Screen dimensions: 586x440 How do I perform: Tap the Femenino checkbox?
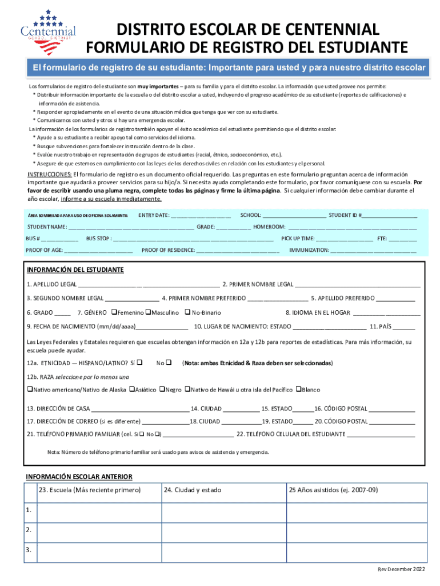(x=114, y=312)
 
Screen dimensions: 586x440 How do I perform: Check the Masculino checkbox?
(x=148, y=312)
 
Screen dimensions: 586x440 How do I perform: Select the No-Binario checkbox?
(x=186, y=312)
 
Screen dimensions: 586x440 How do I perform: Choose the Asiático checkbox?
(x=132, y=390)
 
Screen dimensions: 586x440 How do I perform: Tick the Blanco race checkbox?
(x=298, y=390)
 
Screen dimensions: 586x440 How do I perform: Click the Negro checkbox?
(x=162, y=390)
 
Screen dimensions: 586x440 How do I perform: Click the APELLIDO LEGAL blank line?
(x=149, y=284)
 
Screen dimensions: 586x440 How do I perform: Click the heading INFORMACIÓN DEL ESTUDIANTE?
(x=75, y=270)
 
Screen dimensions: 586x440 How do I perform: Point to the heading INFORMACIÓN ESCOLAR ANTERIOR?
(x=79, y=477)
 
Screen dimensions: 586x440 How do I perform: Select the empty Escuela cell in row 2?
(x=98, y=530)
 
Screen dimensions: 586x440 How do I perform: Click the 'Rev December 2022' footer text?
(x=401, y=569)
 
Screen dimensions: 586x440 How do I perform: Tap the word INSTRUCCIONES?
(x=50, y=175)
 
